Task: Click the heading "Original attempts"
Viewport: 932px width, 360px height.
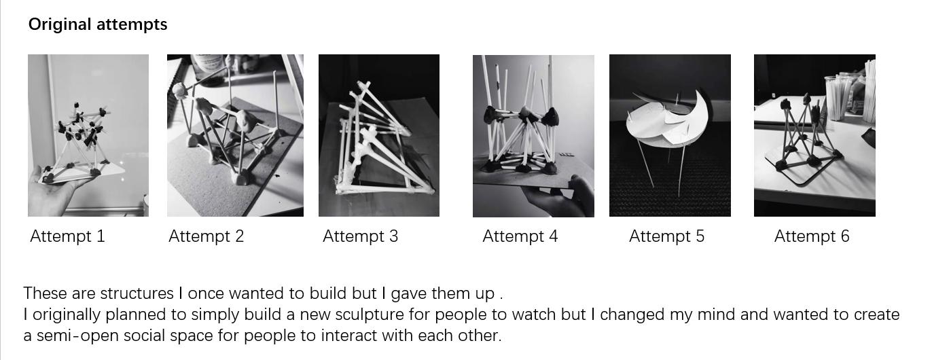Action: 98,24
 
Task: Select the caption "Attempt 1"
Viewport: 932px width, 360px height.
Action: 67,236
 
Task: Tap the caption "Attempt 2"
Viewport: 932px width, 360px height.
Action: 207,236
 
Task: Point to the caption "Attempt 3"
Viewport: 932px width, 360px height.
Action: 360,236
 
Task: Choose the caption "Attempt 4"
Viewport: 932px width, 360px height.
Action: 520,236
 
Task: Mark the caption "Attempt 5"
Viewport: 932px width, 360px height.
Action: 666,236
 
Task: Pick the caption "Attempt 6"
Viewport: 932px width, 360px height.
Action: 812,236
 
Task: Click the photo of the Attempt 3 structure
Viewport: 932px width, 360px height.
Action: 379,135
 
